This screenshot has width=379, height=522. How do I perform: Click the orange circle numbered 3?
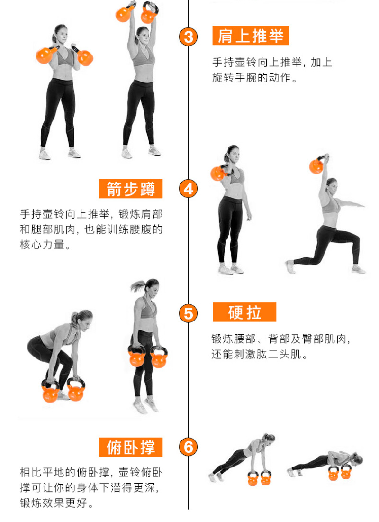point(189,37)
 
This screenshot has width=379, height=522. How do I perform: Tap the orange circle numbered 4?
point(189,189)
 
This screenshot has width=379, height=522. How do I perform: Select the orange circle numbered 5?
point(189,313)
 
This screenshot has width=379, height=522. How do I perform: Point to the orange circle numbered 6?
point(189,447)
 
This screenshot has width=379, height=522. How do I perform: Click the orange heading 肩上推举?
point(251,36)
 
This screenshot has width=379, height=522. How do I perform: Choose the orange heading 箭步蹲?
point(131,189)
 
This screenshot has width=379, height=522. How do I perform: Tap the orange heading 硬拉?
point(244,312)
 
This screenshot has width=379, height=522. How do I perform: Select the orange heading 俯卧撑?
point(131,447)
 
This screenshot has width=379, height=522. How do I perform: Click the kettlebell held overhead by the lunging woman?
point(317,165)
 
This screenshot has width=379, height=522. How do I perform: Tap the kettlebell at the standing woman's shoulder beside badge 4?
point(219,173)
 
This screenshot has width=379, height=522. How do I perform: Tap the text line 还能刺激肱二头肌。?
point(259,354)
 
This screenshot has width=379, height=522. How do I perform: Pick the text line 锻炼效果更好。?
point(56,503)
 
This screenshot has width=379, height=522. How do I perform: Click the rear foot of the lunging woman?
point(290,266)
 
